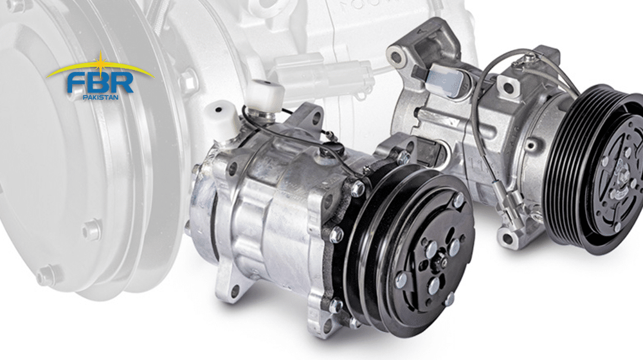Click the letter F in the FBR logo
[x=76, y=84]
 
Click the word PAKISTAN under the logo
[x=100, y=97]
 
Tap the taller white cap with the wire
[x=265, y=96]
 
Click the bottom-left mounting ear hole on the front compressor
[x=235, y=292]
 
